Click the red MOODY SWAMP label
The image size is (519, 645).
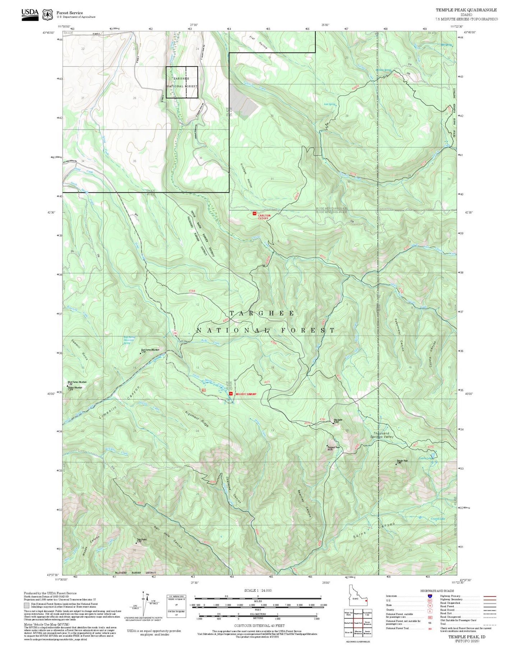coord(246,394)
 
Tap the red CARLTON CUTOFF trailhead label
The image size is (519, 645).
coord(264,217)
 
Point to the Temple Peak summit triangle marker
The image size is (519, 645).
coord(396,464)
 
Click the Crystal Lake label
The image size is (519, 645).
coord(437,518)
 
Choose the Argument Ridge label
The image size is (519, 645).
coord(197,419)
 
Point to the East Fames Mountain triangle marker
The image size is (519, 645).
coord(140,353)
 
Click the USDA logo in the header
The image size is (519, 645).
coord(30,14)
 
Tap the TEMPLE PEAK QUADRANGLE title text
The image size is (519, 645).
coord(466,10)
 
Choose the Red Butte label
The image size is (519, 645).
coord(338,420)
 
